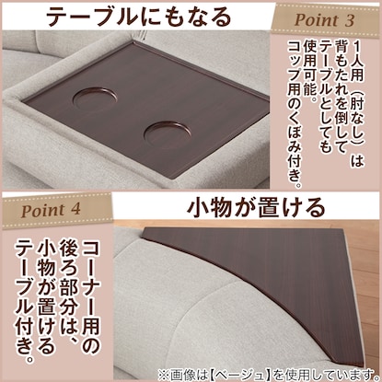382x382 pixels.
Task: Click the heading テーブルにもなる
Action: tap(139, 16)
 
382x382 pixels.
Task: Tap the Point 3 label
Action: tap(324, 20)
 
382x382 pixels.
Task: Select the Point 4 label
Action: tap(51, 210)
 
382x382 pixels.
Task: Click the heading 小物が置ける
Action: tap(256, 207)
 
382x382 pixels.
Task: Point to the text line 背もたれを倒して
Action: tap(341, 95)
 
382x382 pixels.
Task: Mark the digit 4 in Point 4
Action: tap(75, 210)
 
